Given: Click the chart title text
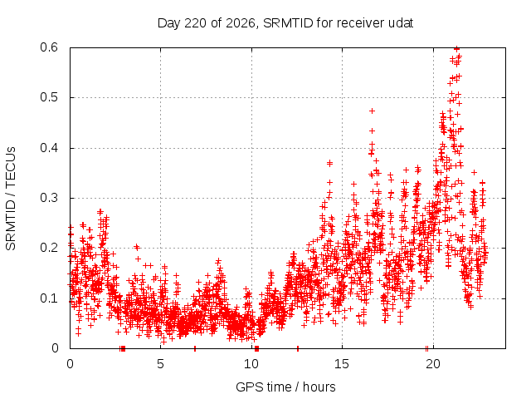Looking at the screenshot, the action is pos(285,23).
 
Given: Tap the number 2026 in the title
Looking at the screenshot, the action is pos(241,23).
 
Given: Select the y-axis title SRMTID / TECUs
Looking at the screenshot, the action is pos(11,199).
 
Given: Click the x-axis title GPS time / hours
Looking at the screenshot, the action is pos(285,387).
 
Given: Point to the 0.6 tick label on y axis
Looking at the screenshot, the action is pos(49,47).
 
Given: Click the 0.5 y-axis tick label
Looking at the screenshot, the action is pos(49,97).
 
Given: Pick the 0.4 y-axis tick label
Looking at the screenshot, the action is pos(49,148).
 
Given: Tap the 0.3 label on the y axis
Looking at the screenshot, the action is pos(49,198).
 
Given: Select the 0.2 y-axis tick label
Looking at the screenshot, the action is pos(49,248).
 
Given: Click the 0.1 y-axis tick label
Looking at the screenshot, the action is pos(49,298).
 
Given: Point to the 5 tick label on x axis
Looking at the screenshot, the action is pos(160,364).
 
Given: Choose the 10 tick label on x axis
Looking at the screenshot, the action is pos(251,364).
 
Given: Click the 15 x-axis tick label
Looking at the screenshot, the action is pos(342,364).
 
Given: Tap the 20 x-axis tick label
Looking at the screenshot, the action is pos(433,364).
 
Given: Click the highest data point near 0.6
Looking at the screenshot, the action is pos(456,48).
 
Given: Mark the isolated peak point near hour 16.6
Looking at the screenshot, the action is pos(372,111).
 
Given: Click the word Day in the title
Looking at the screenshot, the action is pos(169,23).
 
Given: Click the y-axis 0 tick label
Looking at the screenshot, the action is pos(55,348).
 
